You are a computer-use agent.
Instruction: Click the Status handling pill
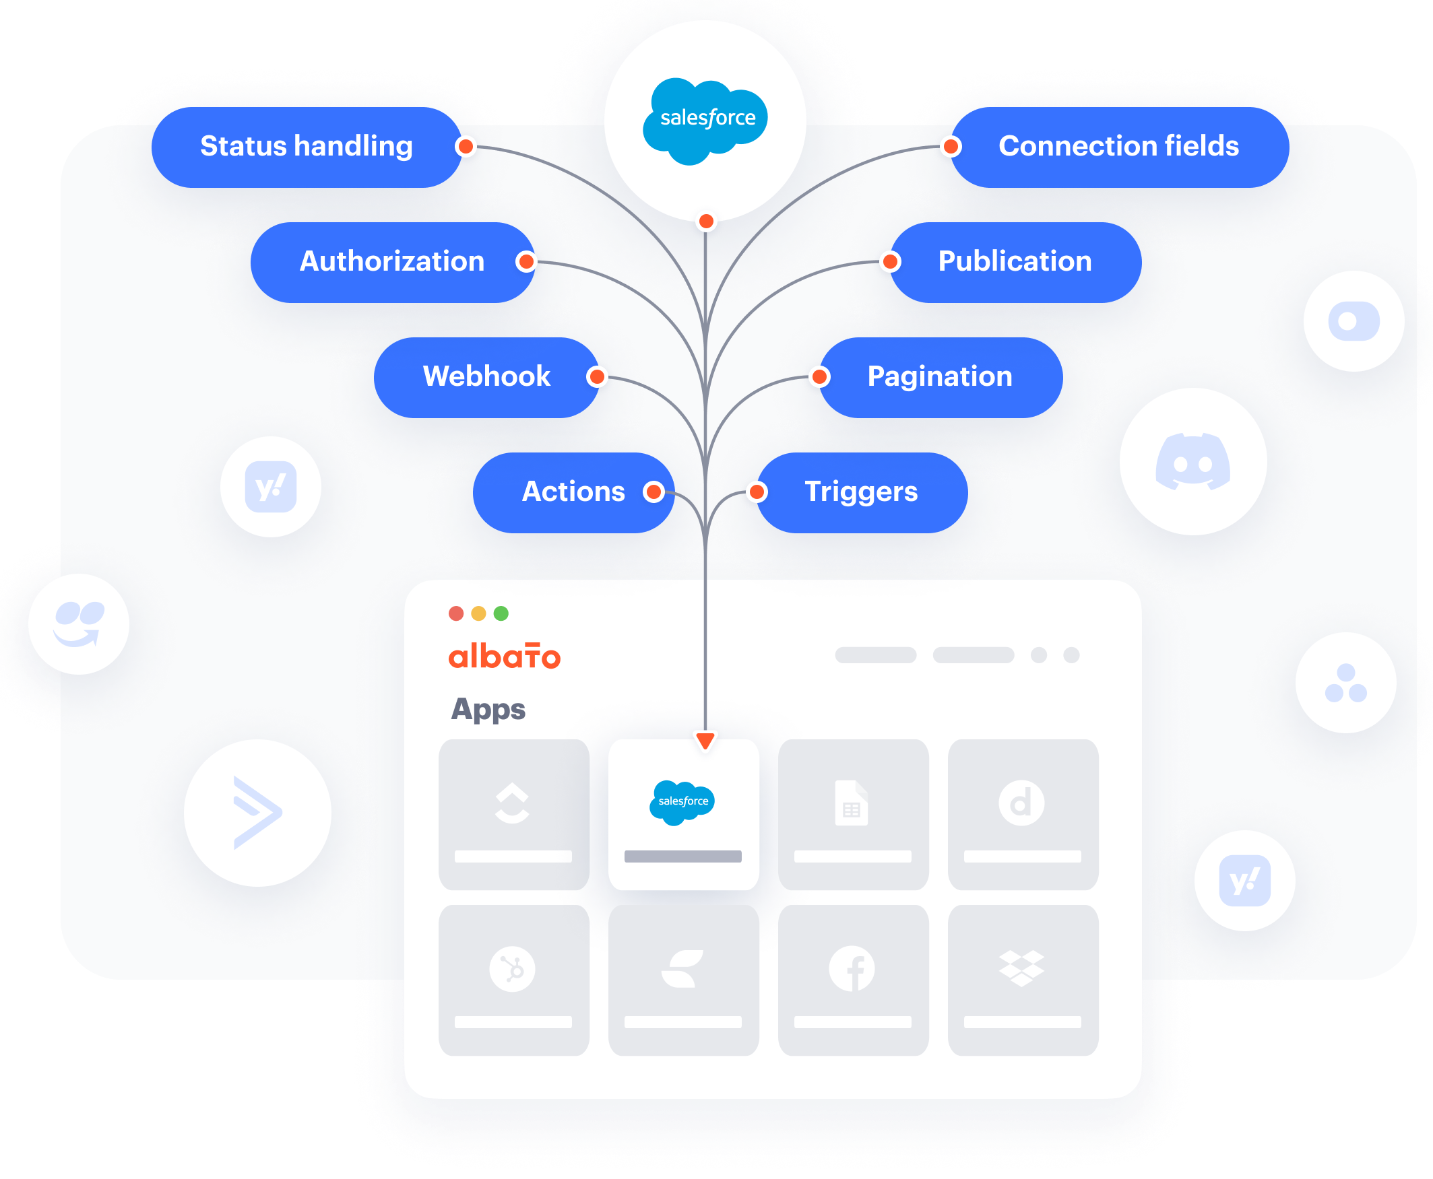(306, 147)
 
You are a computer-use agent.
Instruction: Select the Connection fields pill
(1118, 147)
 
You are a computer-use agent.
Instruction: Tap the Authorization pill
(391, 262)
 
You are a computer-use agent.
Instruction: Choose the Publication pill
(1015, 262)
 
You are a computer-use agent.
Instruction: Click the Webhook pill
(486, 377)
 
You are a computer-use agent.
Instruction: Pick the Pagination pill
(940, 377)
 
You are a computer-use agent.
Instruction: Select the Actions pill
(573, 492)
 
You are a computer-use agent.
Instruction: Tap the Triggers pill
(861, 492)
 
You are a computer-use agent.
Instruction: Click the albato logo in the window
(504, 656)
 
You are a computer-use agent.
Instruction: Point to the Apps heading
(488, 709)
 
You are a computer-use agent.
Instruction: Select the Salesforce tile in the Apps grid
(683, 813)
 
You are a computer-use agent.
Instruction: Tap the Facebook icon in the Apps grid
(852, 968)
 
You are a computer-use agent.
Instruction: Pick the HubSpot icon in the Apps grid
(512, 968)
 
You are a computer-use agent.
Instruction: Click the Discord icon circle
(1192, 462)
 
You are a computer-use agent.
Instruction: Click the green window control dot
(501, 614)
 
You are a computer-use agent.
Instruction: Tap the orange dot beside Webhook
(596, 376)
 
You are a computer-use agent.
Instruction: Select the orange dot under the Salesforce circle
(706, 222)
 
